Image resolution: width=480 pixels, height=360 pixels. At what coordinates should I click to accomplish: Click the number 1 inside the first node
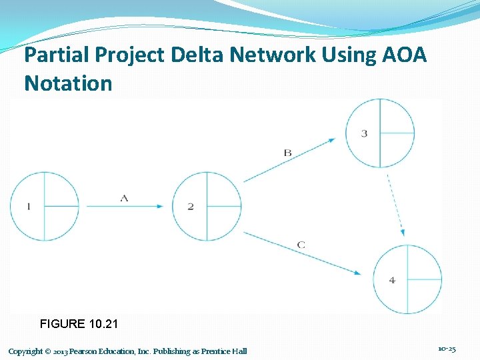click(28, 207)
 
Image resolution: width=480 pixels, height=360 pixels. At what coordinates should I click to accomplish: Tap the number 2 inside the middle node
click(191, 207)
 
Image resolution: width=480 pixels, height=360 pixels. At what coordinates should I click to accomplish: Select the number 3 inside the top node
click(364, 133)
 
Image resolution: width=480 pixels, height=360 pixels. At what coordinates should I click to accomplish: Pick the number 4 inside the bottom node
click(392, 280)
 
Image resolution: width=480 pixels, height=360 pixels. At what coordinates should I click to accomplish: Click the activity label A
click(124, 197)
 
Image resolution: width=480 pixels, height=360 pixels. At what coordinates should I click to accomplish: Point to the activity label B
click(287, 153)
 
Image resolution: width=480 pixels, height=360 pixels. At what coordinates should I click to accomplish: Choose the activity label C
click(301, 245)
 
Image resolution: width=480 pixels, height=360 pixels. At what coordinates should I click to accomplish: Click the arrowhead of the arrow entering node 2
click(159, 206)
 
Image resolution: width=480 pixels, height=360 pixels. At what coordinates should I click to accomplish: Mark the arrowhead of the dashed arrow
click(402, 231)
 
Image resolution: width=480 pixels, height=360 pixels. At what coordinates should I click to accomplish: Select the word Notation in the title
click(68, 83)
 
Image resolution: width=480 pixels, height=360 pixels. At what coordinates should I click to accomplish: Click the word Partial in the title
click(55, 55)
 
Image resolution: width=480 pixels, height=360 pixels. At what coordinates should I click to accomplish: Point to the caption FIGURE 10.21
click(79, 324)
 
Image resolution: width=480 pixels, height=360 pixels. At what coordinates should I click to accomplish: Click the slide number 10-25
click(447, 349)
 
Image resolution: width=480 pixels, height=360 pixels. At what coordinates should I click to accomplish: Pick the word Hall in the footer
click(239, 351)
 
